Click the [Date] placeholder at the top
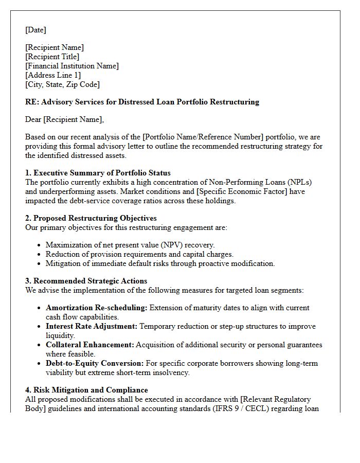tap(35, 30)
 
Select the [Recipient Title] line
tap(52, 57)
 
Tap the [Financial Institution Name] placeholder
tap(72, 66)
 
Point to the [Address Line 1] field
tap(53, 75)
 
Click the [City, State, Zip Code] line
tap(62, 84)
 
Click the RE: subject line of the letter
tap(142, 102)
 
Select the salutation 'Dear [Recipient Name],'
tap(64, 119)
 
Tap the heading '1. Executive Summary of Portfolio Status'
tap(98, 173)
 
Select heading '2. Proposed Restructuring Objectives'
tap(91, 218)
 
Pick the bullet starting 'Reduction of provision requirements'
tap(139, 254)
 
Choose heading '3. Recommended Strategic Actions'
tap(86, 281)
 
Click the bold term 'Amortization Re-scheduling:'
tap(97, 308)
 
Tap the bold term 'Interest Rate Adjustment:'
tap(92, 326)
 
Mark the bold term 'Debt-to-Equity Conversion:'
tap(95, 363)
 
